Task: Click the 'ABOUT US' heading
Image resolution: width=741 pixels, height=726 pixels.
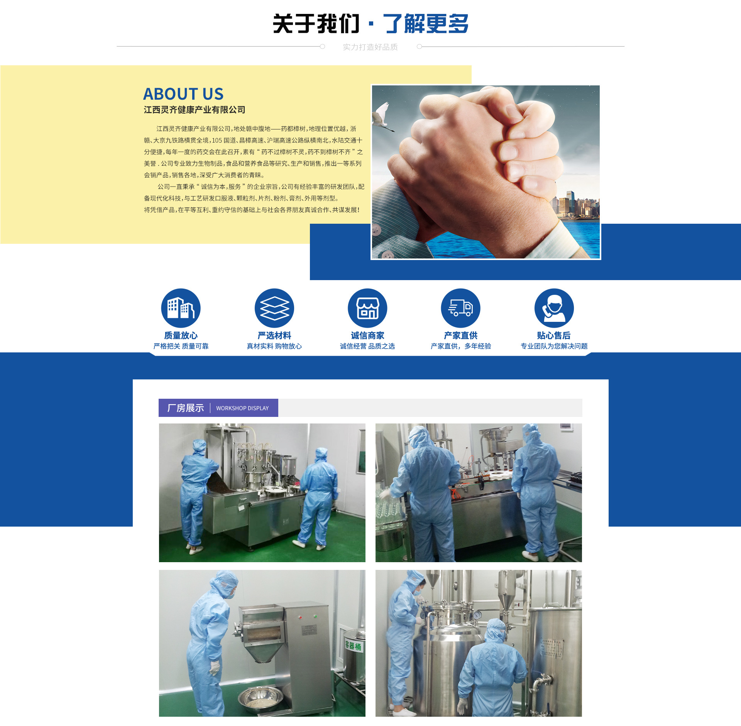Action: click(183, 94)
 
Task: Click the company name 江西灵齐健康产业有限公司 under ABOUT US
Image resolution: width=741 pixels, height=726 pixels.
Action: click(195, 110)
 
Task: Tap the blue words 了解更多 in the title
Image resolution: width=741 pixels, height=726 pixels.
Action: click(425, 24)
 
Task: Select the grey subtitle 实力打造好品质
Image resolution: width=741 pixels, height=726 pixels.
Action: click(370, 47)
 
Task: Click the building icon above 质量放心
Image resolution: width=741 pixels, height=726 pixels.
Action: click(181, 308)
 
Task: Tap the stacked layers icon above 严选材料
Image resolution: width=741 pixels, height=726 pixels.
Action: click(274, 308)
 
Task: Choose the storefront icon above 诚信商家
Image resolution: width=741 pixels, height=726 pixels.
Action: click(367, 308)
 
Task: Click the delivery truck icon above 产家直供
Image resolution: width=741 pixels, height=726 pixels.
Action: click(461, 308)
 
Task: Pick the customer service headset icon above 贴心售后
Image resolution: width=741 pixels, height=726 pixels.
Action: click(554, 308)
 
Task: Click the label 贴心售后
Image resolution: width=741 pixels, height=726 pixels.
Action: click(554, 335)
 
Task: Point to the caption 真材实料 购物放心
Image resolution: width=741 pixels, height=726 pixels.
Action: click(274, 346)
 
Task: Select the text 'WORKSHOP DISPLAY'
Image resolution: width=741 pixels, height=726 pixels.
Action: click(242, 408)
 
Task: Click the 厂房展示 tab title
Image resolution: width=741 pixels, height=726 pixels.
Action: click(186, 408)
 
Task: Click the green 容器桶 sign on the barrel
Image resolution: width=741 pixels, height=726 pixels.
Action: click(353, 646)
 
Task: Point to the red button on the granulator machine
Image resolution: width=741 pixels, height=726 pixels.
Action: click(300, 617)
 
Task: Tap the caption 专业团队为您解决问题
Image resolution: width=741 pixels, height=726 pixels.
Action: click(554, 346)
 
